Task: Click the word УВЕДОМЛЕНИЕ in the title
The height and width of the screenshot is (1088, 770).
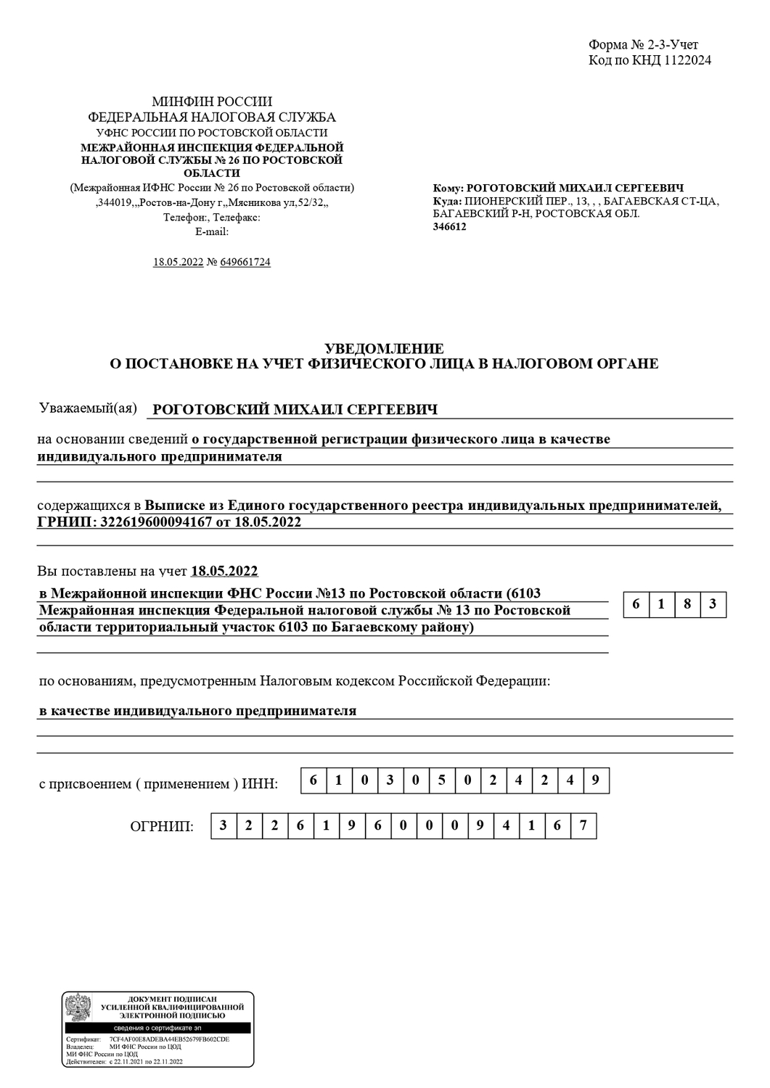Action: pyautogui.click(x=384, y=349)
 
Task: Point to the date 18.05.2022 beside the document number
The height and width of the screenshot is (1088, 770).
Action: pyautogui.click(x=178, y=262)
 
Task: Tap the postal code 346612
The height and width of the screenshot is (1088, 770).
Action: pyautogui.click(x=450, y=226)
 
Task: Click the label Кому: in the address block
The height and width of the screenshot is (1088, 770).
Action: pyautogui.click(x=448, y=188)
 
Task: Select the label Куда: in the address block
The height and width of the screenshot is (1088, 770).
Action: pyautogui.click(x=447, y=201)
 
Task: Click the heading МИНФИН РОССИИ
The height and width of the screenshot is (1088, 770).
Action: pyautogui.click(x=212, y=102)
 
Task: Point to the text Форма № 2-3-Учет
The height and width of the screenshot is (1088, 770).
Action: pyautogui.click(x=643, y=46)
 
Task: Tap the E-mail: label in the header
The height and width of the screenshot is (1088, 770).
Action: pyautogui.click(x=212, y=231)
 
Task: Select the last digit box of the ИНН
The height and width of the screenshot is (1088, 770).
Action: pyautogui.click(x=596, y=780)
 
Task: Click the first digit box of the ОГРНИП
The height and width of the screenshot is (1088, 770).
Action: pyautogui.click(x=223, y=825)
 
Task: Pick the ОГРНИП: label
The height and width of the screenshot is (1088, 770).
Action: pyautogui.click(x=162, y=826)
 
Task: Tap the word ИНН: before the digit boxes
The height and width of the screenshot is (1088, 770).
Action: pyautogui.click(x=260, y=784)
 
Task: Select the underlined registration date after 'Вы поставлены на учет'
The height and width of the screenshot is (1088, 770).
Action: pyautogui.click(x=224, y=571)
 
